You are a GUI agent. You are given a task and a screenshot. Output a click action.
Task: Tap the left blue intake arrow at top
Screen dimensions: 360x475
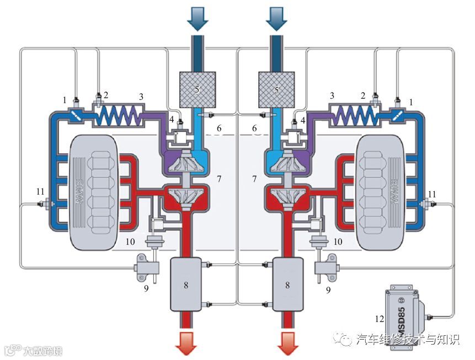coord(197,17)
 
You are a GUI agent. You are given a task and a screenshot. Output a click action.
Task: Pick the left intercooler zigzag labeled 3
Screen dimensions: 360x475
coord(118,117)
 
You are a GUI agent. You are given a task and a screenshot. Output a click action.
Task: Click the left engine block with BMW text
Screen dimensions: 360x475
coord(94,192)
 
